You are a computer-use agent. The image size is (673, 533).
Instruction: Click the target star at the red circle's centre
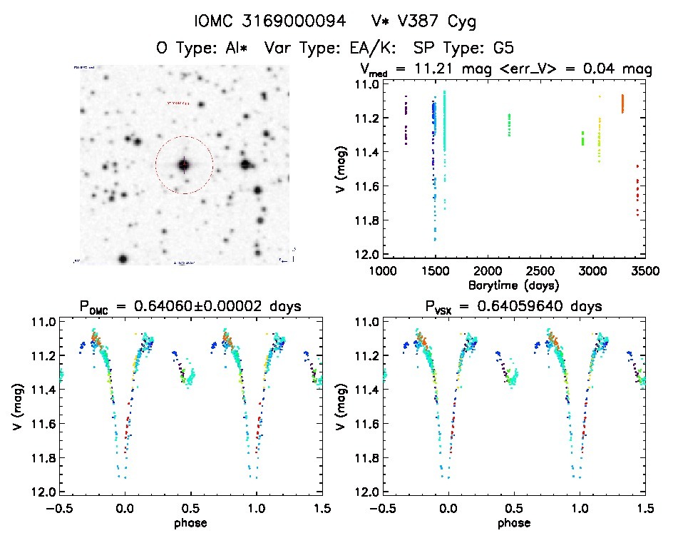184,165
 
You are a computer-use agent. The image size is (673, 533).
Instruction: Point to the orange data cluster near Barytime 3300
622,104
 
